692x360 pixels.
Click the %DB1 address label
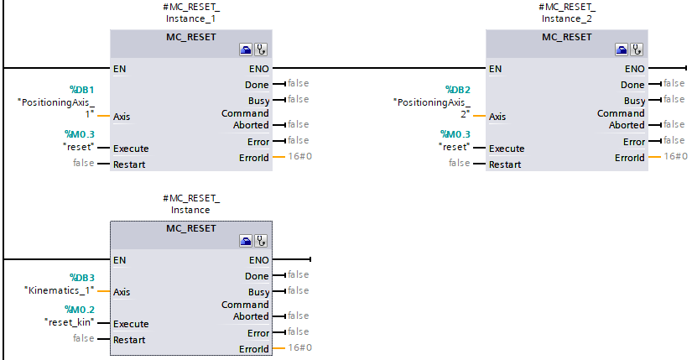click(x=81, y=89)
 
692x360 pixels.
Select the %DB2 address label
click(x=457, y=89)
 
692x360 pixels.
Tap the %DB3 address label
click(x=81, y=277)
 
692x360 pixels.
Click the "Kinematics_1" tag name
click(x=59, y=290)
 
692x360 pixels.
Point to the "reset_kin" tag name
click(x=68, y=321)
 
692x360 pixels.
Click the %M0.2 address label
click(x=81, y=309)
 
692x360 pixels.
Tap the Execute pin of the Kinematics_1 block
click(x=131, y=324)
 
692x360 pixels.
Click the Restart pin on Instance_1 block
click(x=129, y=164)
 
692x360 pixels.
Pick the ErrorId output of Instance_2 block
click(x=629, y=158)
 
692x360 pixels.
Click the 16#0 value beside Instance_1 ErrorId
click(x=299, y=156)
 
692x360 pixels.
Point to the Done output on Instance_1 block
click(x=257, y=85)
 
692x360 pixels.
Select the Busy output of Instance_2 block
click(x=634, y=101)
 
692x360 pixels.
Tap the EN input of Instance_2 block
click(x=496, y=69)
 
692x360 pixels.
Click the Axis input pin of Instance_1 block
click(x=122, y=117)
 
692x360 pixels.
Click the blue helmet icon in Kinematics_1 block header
click(x=246, y=242)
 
